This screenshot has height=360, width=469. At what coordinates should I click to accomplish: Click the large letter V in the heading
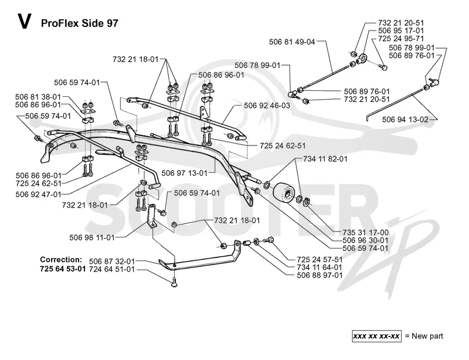click(x=24, y=22)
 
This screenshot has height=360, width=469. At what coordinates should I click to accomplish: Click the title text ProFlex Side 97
click(x=80, y=23)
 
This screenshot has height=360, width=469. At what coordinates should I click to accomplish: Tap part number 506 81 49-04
click(x=292, y=42)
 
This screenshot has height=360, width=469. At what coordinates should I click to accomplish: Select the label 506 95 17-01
click(x=401, y=30)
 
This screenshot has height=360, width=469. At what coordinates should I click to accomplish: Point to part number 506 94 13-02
click(x=405, y=120)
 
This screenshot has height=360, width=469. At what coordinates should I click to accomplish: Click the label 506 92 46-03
click(x=267, y=106)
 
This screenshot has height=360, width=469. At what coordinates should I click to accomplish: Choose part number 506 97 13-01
click(x=184, y=173)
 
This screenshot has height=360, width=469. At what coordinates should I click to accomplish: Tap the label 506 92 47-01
click(x=38, y=195)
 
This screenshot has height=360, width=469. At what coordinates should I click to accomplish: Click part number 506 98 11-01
click(x=92, y=237)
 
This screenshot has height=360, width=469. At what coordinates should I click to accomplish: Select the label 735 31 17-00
click(x=365, y=233)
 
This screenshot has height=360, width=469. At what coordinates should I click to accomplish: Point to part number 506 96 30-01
click(x=365, y=240)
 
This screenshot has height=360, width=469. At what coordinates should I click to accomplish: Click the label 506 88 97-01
click(x=320, y=275)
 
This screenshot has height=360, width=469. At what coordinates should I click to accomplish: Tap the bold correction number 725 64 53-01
click(x=63, y=269)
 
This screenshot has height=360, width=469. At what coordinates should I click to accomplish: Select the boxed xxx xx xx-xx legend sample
click(x=376, y=337)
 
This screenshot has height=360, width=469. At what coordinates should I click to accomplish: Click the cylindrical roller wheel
click(x=284, y=193)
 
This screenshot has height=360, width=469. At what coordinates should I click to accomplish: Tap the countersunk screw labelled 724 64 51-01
click(x=174, y=283)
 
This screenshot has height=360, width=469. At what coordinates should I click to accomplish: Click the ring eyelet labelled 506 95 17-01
click(x=363, y=58)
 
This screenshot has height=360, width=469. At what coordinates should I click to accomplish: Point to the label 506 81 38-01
click(x=38, y=97)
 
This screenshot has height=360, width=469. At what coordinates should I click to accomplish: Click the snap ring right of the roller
click(x=306, y=203)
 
